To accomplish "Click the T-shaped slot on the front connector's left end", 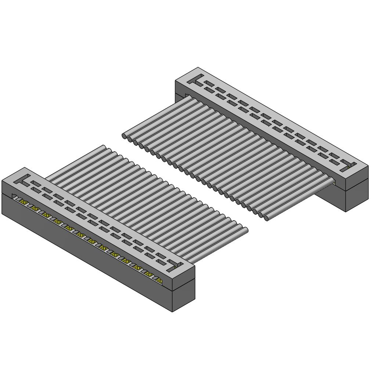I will [23, 180].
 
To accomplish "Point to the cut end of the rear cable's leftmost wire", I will [124, 136].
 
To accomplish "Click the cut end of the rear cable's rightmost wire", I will [266, 218].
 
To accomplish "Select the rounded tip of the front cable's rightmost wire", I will [245, 230].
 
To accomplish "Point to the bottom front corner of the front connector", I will [173, 311].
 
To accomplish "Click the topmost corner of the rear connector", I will [198, 68].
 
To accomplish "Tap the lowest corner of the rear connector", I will [346, 211].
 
